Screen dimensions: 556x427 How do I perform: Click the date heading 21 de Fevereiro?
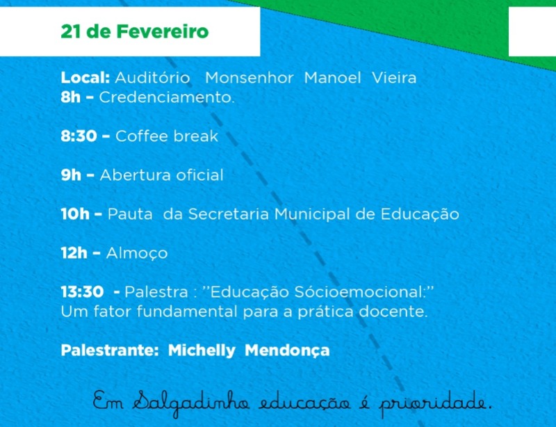[135, 31]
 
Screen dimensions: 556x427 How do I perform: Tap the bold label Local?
[85, 78]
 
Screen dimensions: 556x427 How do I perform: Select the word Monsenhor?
[250, 78]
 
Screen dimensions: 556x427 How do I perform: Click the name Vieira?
[394, 78]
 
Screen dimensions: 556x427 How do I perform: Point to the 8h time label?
[71, 97]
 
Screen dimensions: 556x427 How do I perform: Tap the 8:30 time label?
[79, 136]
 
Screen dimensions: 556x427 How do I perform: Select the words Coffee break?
[167, 136]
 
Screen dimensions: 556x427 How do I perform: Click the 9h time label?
[71, 175]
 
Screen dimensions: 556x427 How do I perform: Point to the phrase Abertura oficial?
[162, 175]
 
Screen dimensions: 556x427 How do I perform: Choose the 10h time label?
[75, 214]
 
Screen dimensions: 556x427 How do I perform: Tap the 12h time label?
[74, 253]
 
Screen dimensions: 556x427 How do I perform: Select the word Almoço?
[137, 254]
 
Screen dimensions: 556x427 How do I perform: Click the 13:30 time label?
[82, 292]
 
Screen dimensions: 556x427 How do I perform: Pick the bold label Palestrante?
[110, 351]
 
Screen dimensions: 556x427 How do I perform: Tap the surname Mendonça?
[287, 351]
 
